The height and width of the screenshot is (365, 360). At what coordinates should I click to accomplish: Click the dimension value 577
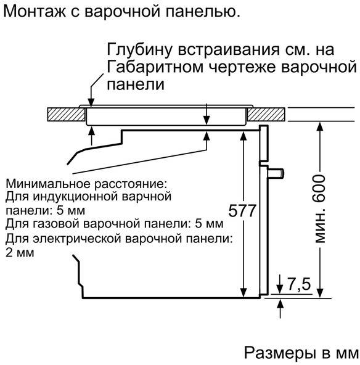[242, 211]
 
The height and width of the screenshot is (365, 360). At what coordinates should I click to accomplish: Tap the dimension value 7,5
[299, 284]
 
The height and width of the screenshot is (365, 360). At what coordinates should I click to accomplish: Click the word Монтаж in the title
[35, 11]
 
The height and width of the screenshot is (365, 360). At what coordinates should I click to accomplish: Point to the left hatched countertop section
[66, 114]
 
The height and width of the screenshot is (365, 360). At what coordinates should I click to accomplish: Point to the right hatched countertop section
[266, 114]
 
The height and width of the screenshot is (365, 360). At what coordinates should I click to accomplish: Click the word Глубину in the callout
[140, 49]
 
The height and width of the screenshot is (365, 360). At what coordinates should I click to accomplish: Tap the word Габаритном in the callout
[155, 67]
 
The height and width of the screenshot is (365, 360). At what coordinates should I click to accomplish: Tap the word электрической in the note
[77, 239]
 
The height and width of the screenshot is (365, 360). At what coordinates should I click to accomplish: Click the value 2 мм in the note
[20, 253]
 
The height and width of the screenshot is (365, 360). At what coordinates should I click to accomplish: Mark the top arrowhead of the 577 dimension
[243, 136]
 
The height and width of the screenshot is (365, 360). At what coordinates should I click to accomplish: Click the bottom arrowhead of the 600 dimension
[320, 293]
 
